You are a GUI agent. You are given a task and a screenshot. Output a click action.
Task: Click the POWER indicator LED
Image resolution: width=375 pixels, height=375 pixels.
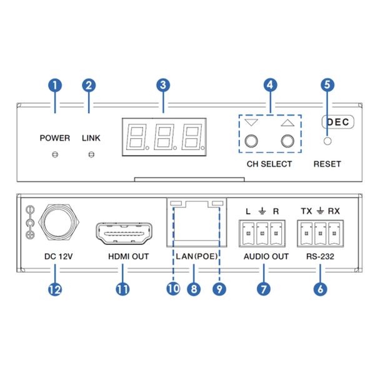click(55, 154)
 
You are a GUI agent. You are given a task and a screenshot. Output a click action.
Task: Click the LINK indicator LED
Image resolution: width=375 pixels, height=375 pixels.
click(91, 154)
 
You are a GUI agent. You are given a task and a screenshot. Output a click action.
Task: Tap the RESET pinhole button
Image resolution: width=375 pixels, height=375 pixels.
click(327, 140)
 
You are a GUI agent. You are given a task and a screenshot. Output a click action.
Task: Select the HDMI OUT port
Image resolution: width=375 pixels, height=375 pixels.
click(122, 234)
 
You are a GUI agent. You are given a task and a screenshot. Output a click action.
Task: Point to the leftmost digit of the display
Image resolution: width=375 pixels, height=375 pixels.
click(136, 136)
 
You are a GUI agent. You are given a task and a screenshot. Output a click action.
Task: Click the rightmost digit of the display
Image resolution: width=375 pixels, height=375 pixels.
click(191, 136)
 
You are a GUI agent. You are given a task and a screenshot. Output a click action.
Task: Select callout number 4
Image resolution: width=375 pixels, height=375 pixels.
click(269, 84)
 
